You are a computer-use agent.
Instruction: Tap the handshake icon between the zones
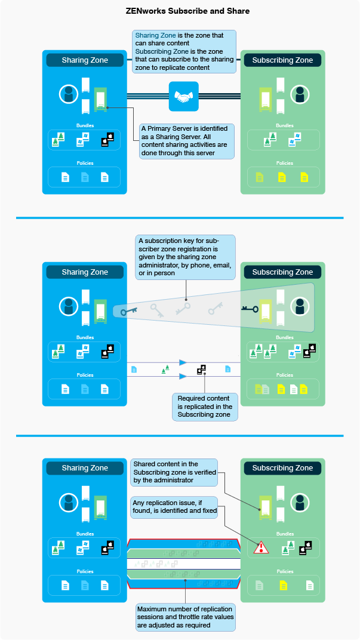coord(183,97)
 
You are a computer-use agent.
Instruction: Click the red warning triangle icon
coord(261,547)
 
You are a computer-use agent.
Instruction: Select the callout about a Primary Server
coord(186,141)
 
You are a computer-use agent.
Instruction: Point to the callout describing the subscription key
coord(186,257)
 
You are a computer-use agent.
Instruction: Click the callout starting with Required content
coord(204,406)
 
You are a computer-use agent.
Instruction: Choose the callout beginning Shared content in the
coord(173,472)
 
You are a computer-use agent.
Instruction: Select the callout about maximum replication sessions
coord(186,617)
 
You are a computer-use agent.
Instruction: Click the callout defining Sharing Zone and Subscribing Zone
coord(183,51)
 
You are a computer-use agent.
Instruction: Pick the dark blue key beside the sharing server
coord(128,311)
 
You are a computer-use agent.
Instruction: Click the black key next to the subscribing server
coord(251,309)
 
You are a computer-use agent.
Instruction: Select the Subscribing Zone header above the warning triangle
coord(282,468)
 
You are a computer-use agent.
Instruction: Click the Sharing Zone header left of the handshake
coord(85,60)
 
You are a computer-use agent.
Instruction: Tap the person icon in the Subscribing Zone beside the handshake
coord(299,94)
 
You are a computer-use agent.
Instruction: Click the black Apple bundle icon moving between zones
coord(202,371)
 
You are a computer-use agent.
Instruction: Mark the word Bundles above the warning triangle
coord(284,534)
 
